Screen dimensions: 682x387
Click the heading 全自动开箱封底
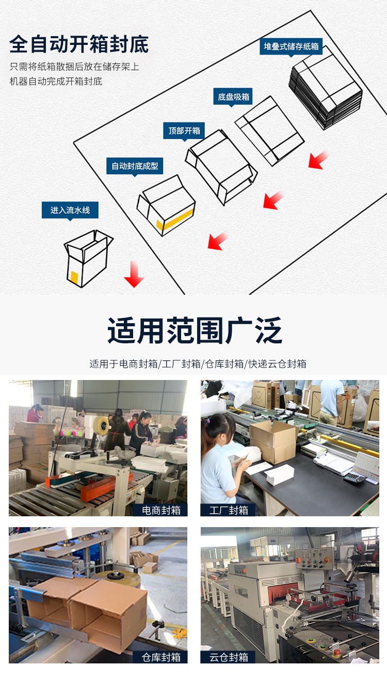[x=79, y=44]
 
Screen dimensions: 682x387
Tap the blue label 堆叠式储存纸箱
[x=291, y=46]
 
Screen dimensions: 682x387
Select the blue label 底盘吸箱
[x=233, y=97]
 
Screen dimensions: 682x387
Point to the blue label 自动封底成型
[x=135, y=166]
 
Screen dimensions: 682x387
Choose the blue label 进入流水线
[x=70, y=210]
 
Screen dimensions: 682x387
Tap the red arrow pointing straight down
[x=134, y=275]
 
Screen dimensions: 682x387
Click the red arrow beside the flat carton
[x=318, y=160]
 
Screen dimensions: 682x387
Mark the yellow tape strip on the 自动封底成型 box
[x=176, y=216]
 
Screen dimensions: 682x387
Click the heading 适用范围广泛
[x=195, y=331]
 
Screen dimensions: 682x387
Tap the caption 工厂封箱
[x=229, y=510]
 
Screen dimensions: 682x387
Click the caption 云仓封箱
[x=229, y=657]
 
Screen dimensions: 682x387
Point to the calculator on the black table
[x=354, y=478]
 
